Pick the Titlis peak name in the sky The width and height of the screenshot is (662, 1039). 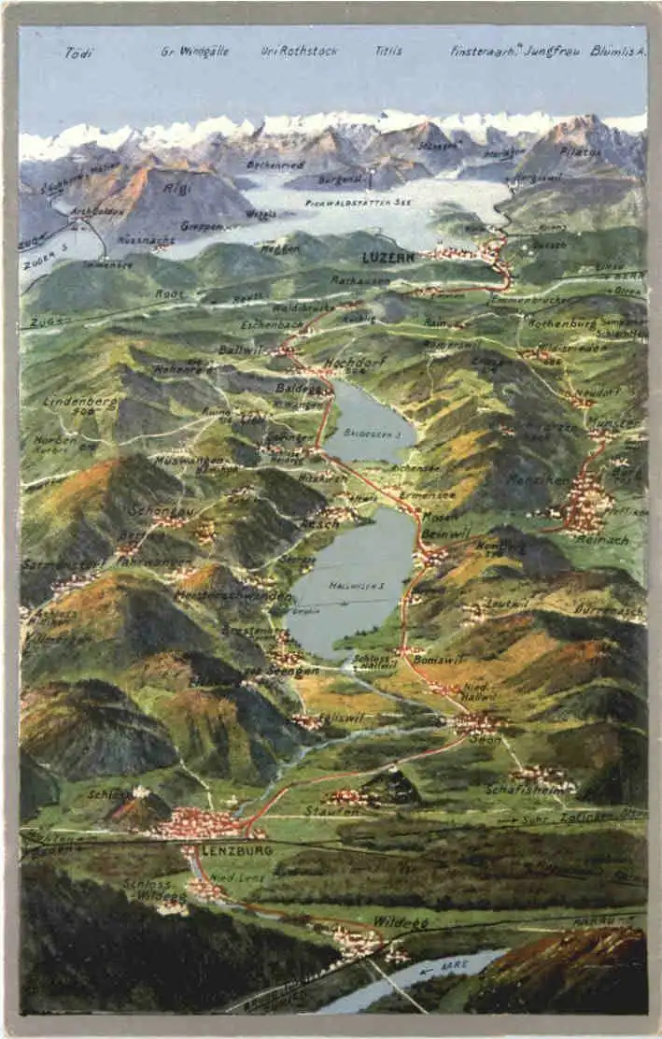(x=388, y=51)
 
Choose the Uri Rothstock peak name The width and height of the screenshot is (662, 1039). (x=299, y=51)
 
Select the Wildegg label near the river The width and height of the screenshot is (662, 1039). (x=401, y=922)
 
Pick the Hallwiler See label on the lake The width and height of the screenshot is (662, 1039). (x=351, y=586)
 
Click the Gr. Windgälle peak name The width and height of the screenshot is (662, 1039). (x=194, y=51)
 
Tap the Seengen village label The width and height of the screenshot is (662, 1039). (x=292, y=670)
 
